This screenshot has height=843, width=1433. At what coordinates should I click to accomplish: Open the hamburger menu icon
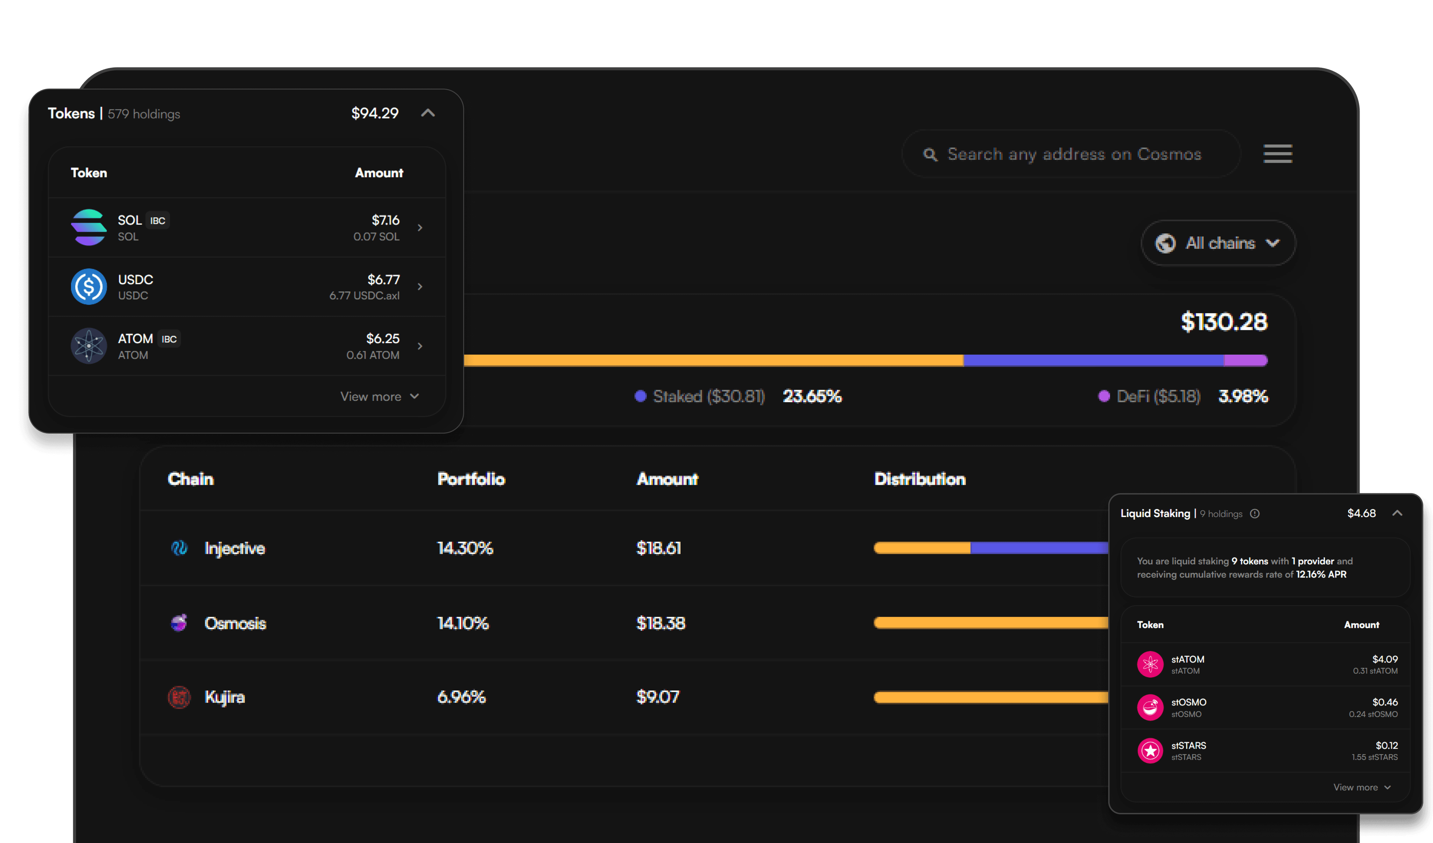click(x=1277, y=154)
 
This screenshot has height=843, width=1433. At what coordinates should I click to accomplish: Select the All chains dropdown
click(x=1218, y=243)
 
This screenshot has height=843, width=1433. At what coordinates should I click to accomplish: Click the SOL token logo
click(x=89, y=227)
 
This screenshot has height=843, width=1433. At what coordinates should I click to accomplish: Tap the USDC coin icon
click(x=89, y=286)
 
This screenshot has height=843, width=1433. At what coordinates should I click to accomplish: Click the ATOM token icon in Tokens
click(x=89, y=346)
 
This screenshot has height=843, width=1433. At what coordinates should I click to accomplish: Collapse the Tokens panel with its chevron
click(x=428, y=113)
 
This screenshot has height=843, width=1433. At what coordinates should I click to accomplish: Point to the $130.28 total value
click(x=1224, y=322)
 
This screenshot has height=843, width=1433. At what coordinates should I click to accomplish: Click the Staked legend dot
click(x=640, y=396)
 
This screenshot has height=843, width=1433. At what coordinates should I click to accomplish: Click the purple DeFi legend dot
click(x=1104, y=396)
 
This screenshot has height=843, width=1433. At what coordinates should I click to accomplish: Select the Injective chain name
click(x=234, y=548)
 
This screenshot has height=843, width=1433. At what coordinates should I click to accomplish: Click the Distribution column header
click(x=919, y=479)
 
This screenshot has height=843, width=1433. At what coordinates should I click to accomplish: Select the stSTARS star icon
click(x=1150, y=750)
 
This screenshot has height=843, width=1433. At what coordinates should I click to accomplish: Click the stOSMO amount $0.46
click(x=1385, y=702)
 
